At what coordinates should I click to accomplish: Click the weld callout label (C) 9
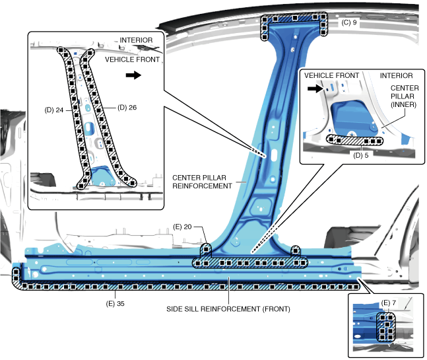pyautogui.click(x=350, y=22)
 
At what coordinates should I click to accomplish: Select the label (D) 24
pyautogui.click(x=53, y=110)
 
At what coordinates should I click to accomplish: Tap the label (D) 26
pyautogui.click(x=125, y=106)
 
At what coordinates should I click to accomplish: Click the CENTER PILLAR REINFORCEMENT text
pyautogui.click(x=202, y=182)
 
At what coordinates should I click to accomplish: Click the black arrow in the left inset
pyautogui.click(x=133, y=76)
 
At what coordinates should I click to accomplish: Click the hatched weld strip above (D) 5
pyautogui.click(x=356, y=141)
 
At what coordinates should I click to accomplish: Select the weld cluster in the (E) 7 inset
pyautogui.click(x=385, y=328)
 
